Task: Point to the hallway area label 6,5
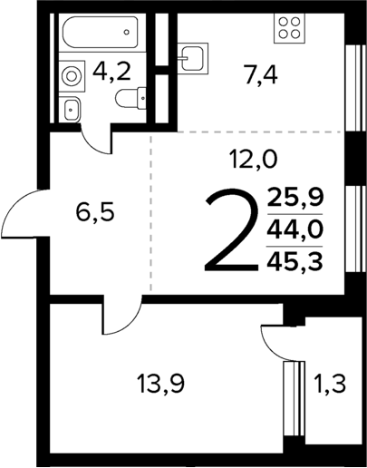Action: coord(93,215)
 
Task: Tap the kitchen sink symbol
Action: coord(192,59)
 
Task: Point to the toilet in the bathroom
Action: coord(72,110)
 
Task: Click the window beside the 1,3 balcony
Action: coord(293,397)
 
